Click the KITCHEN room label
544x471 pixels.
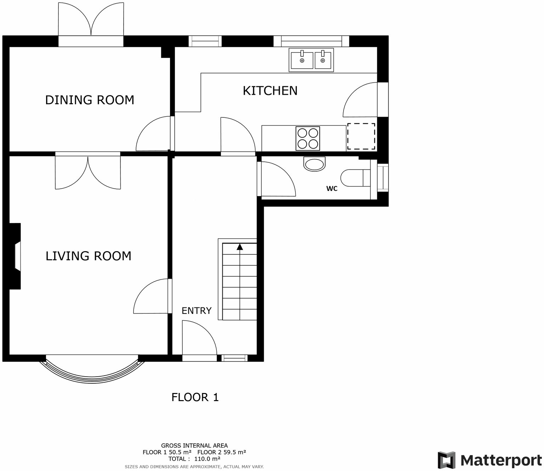coord(270,91)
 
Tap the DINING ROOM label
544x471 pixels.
coord(90,100)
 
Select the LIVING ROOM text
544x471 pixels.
coord(88,256)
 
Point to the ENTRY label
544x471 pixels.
coord(196,311)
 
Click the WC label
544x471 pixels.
coord(332,189)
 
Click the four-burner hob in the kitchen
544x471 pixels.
coord(307,138)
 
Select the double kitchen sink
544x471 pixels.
coord(311,60)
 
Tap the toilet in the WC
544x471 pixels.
coord(354,178)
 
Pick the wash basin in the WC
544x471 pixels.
coord(314,164)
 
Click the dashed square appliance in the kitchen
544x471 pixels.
coord(361,136)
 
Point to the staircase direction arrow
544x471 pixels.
coord(240,247)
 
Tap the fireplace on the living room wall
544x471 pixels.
coord(16,256)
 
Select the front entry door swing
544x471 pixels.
coord(198,339)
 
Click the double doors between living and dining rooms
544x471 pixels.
coord(88,172)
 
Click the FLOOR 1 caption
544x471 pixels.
coord(195,397)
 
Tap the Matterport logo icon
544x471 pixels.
coord(446,460)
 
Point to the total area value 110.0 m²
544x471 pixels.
coord(207,459)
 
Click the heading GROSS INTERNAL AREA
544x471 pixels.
coord(194,445)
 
